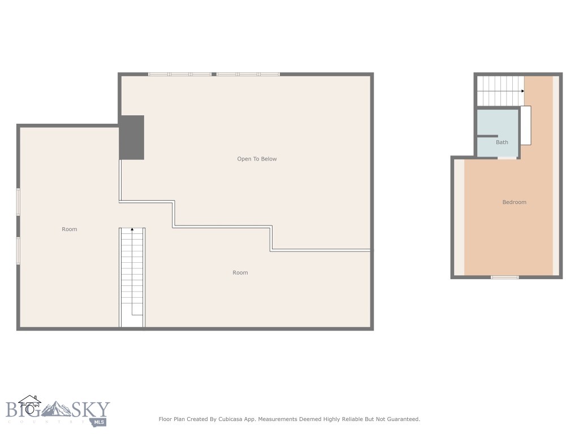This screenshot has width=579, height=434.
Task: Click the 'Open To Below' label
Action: click(257, 159)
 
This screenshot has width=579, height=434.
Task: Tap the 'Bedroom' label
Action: click(514, 202)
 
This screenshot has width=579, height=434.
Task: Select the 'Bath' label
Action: click(502, 142)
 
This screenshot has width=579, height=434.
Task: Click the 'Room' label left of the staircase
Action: click(69, 229)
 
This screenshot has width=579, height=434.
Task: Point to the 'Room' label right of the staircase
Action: click(240, 272)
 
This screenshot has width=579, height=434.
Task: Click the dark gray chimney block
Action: click(132, 137)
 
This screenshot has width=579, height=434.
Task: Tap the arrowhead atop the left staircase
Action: click(132, 229)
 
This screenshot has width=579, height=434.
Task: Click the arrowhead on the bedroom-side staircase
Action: click(522, 91)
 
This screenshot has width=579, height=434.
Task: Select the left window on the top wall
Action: click(180, 74)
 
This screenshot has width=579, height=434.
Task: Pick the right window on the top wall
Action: click(248, 74)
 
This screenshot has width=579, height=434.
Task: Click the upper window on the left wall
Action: click(18, 202)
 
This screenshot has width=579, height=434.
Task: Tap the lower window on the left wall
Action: click(18, 250)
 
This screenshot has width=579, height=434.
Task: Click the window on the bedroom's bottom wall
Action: click(504, 277)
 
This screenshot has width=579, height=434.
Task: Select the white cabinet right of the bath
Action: click(525, 125)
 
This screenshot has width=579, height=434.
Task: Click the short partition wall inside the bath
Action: click(487, 136)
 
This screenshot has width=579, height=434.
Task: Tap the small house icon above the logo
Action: click(29, 403)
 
